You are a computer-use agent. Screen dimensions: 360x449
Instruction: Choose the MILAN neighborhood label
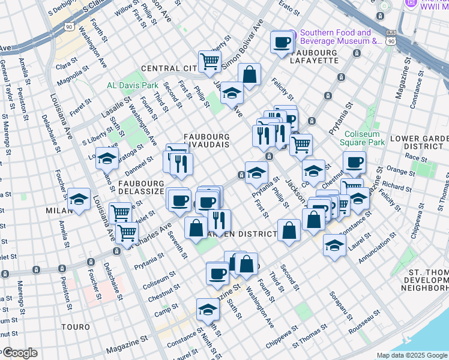point(59,211)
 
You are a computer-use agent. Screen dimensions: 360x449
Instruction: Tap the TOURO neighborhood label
point(76,328)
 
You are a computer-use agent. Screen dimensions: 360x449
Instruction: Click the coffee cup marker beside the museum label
point(281,42)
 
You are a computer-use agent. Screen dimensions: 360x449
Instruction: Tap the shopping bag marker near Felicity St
point(249,74)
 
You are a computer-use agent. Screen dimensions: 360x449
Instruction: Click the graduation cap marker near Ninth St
point(208,310)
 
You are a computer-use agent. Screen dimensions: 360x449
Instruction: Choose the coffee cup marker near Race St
point(354,162)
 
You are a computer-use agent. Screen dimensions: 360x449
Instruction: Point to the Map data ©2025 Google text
point(411,355)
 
